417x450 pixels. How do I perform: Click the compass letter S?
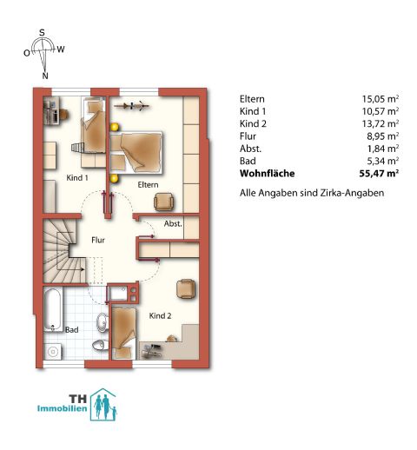tap(43, 32)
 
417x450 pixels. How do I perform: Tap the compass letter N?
tap(45, 76)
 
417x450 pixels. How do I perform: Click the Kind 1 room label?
tap(77, 177)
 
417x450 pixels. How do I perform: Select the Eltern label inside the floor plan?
tap(148, 185)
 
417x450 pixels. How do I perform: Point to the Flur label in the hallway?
tap(98, 240)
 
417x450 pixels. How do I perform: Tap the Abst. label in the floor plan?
tap(173, 223)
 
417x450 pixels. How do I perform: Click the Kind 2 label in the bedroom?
tap(160, 315)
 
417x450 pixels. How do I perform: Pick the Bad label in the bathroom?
tap(72, 330)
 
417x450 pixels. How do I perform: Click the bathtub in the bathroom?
tap(53, 309)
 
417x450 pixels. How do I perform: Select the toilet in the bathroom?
tap(99, 345)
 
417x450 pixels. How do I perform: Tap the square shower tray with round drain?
tap(53, 352)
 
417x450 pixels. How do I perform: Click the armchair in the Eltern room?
tap(164, 202)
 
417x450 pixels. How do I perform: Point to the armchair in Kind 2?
tap(186, 288)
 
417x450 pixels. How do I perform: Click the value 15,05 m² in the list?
tap(381, 99)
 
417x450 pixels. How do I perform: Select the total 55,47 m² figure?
tap(379, 174)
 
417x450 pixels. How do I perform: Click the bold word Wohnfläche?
tap(268, 174)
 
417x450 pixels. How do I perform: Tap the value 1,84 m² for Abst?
tap(383, 149)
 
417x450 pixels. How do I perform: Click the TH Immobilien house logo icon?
tap(103, 405)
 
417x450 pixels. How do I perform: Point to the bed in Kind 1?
tap(93, 125)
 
